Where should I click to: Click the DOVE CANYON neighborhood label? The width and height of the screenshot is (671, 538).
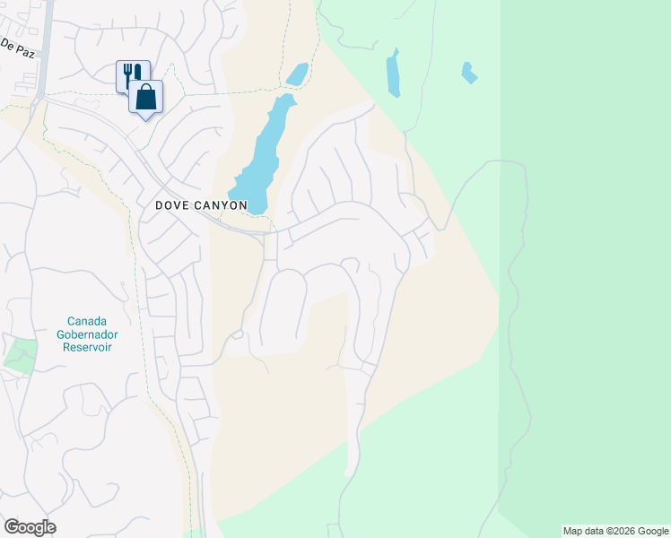(x=201, y=205)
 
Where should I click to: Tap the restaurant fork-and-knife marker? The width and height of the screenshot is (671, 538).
(x=132, y=75)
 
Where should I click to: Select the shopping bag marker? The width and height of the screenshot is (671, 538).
(x=146, y=97)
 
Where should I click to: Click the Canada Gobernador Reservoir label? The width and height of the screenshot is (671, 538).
(x=87, y=334)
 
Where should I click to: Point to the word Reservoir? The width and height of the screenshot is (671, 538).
(x=87, y=347)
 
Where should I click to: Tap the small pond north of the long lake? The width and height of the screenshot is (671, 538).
(x=297, y=74)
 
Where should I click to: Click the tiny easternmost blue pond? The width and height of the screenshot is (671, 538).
(x=467, y=72)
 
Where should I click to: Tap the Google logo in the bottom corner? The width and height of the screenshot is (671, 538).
(x=30, y=527)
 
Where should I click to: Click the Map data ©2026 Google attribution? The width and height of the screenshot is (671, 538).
(x=615, y=531)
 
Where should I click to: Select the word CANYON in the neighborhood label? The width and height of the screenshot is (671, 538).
(x=222, y=205)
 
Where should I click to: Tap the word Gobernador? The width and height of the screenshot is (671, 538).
(x=87, y=334)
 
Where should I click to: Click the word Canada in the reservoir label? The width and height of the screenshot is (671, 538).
(x=87, y=321)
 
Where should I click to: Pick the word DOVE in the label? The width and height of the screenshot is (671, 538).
(x=172, y=205)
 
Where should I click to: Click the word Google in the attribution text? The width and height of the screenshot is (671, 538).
(x=651, y=531)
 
